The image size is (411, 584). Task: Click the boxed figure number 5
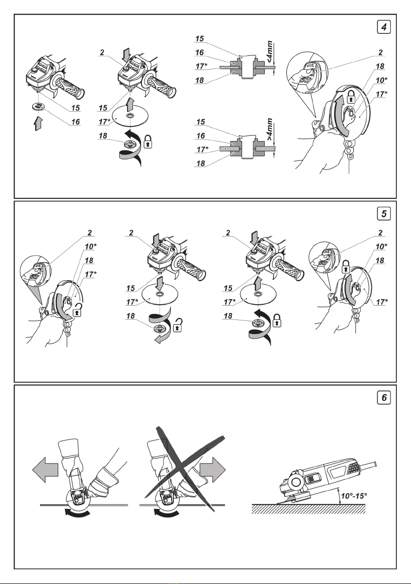click(x=386, y=214)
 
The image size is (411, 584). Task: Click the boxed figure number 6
click(x=386, y=398)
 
